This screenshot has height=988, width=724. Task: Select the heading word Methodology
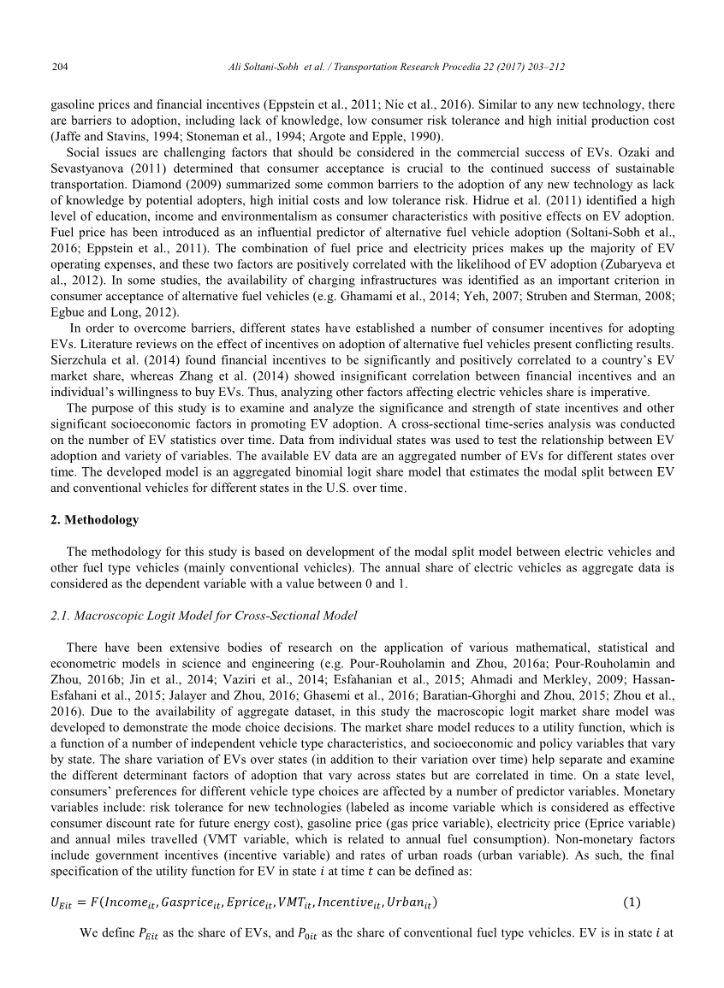102,519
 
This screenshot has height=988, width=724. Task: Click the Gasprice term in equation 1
193,902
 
